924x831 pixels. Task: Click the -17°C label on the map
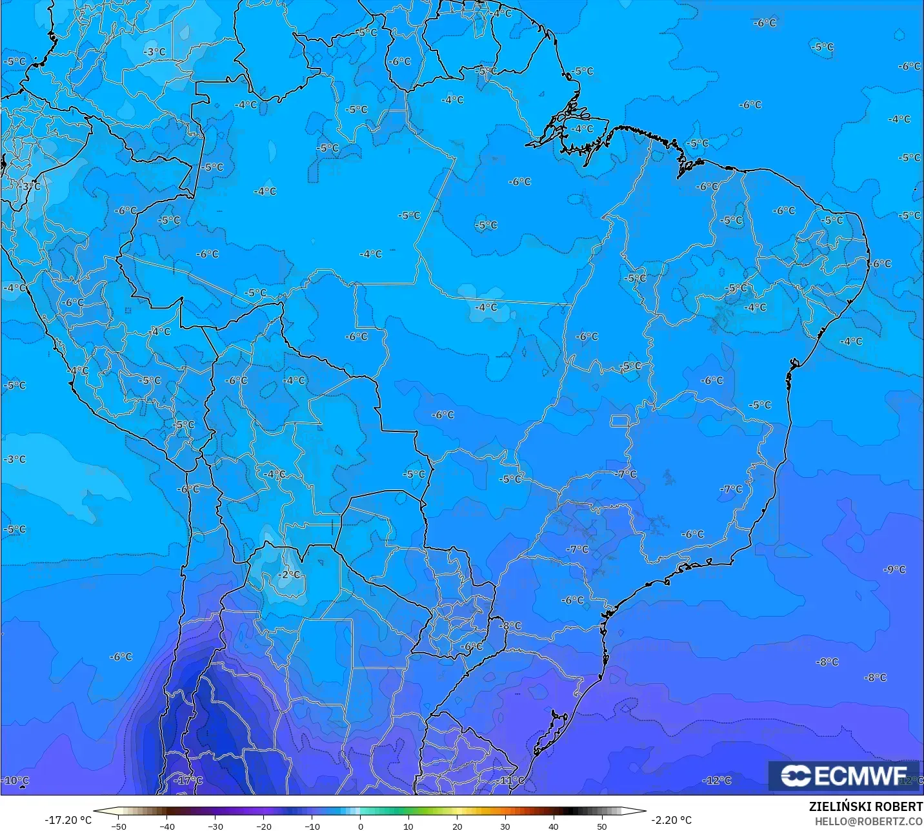point(188,780)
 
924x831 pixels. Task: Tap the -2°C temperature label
point(289,574)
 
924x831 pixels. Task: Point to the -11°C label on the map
point(511,780)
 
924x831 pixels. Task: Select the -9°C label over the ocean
point(894,569)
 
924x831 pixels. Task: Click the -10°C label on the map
point(15,780)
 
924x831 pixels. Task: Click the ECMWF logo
point(844,775)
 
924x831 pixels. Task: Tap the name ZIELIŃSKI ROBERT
point(866,806)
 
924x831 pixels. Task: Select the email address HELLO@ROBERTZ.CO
point(869,821)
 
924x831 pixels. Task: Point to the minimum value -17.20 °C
point(68,820)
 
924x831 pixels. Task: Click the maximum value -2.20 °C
point(671,820)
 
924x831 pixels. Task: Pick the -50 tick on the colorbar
point(119,826)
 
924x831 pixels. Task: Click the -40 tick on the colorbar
point(167,826)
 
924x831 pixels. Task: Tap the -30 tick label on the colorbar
point(216,826)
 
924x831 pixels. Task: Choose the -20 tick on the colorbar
point(263,826)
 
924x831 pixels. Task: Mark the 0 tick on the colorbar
point(360,826)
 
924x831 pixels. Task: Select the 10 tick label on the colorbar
point(408,826)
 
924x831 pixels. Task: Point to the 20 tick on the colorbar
point(457,826)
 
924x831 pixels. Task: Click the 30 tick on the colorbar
point(505,826)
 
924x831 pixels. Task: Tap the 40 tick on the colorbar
point(553,826)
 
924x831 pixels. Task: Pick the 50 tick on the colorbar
point(601,826)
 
